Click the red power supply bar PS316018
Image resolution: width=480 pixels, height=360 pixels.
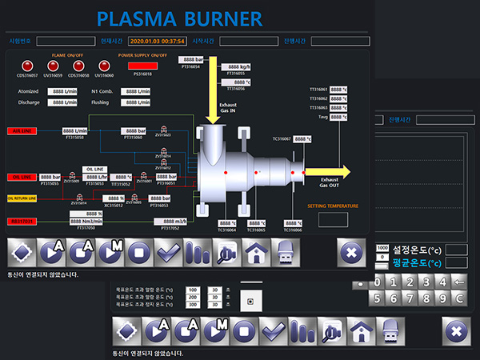coord(140,66)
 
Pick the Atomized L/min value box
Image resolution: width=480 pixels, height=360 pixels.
coord(62,91)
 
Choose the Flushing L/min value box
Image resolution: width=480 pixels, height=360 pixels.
coord(135,102)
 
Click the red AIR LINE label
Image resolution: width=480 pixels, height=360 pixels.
coord(22,130)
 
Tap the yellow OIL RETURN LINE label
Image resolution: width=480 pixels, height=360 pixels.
coord(22,198)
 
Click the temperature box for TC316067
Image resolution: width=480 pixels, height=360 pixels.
coord(302,138)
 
